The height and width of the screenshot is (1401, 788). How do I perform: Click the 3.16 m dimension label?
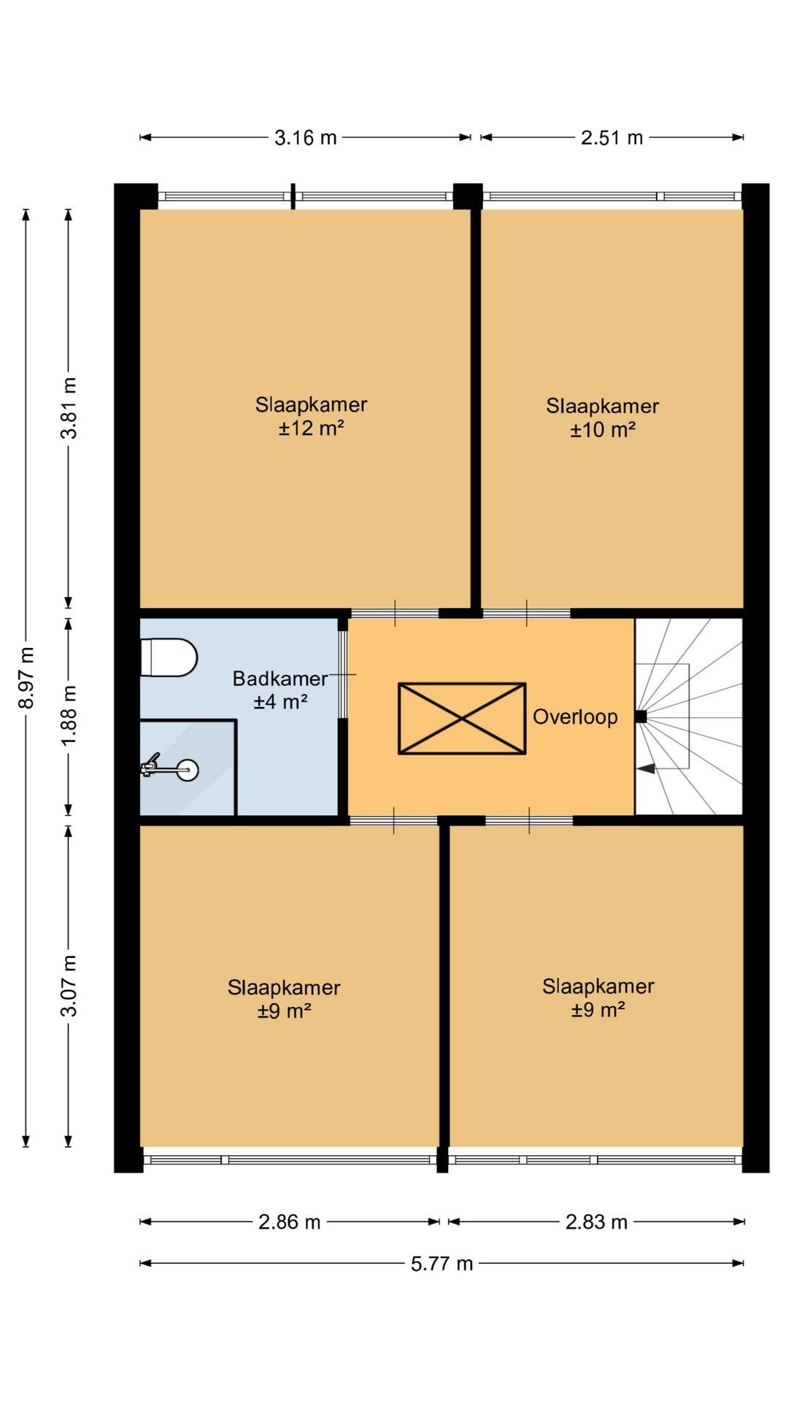pyautogui.click(x=306, y=137)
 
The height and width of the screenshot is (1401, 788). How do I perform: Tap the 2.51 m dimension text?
pyautogui.click(x=611, y=137)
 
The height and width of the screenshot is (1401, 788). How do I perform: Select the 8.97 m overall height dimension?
pyautogui.click(x=26, y=677)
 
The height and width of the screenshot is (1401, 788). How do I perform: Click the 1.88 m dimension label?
pyautogui.click(x=69, y=716)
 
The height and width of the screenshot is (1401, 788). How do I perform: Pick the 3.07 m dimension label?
pyautogui.click(x=69, y=985)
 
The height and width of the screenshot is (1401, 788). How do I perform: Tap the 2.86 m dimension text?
pyautogui.click(x=290, y=1221)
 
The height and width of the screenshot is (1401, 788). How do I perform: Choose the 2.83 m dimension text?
pyautogui.click(x=597, y=1221)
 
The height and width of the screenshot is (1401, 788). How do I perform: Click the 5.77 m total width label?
pyautogui.click(x=442, y=1263)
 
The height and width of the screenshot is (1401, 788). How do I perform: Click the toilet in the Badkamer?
pyautogui.click(x=169, y=657)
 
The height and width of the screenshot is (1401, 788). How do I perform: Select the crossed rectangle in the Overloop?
pyautogui.click(x=462, y=718)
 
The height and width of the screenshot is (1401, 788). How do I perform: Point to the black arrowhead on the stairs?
pyautogui.click(x=646, y=768)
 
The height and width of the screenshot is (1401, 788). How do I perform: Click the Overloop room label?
pyautogui.click(x=575, y=717)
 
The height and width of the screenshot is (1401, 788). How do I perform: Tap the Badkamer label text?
pyautogui.click(x=280, y=679)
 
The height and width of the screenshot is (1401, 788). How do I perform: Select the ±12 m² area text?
pyautogui.click(x=311, y=428)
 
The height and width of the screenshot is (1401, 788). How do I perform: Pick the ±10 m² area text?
pyautogui.click(x=603, y=430)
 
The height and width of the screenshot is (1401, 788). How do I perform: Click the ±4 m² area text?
pyautogui.click(x=280, y=702)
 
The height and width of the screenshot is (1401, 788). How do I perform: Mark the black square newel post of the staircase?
pyautogui.click(x=641, y=717)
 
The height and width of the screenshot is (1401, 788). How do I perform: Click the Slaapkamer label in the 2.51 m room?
pyautogui.click(x=603, y=406)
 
